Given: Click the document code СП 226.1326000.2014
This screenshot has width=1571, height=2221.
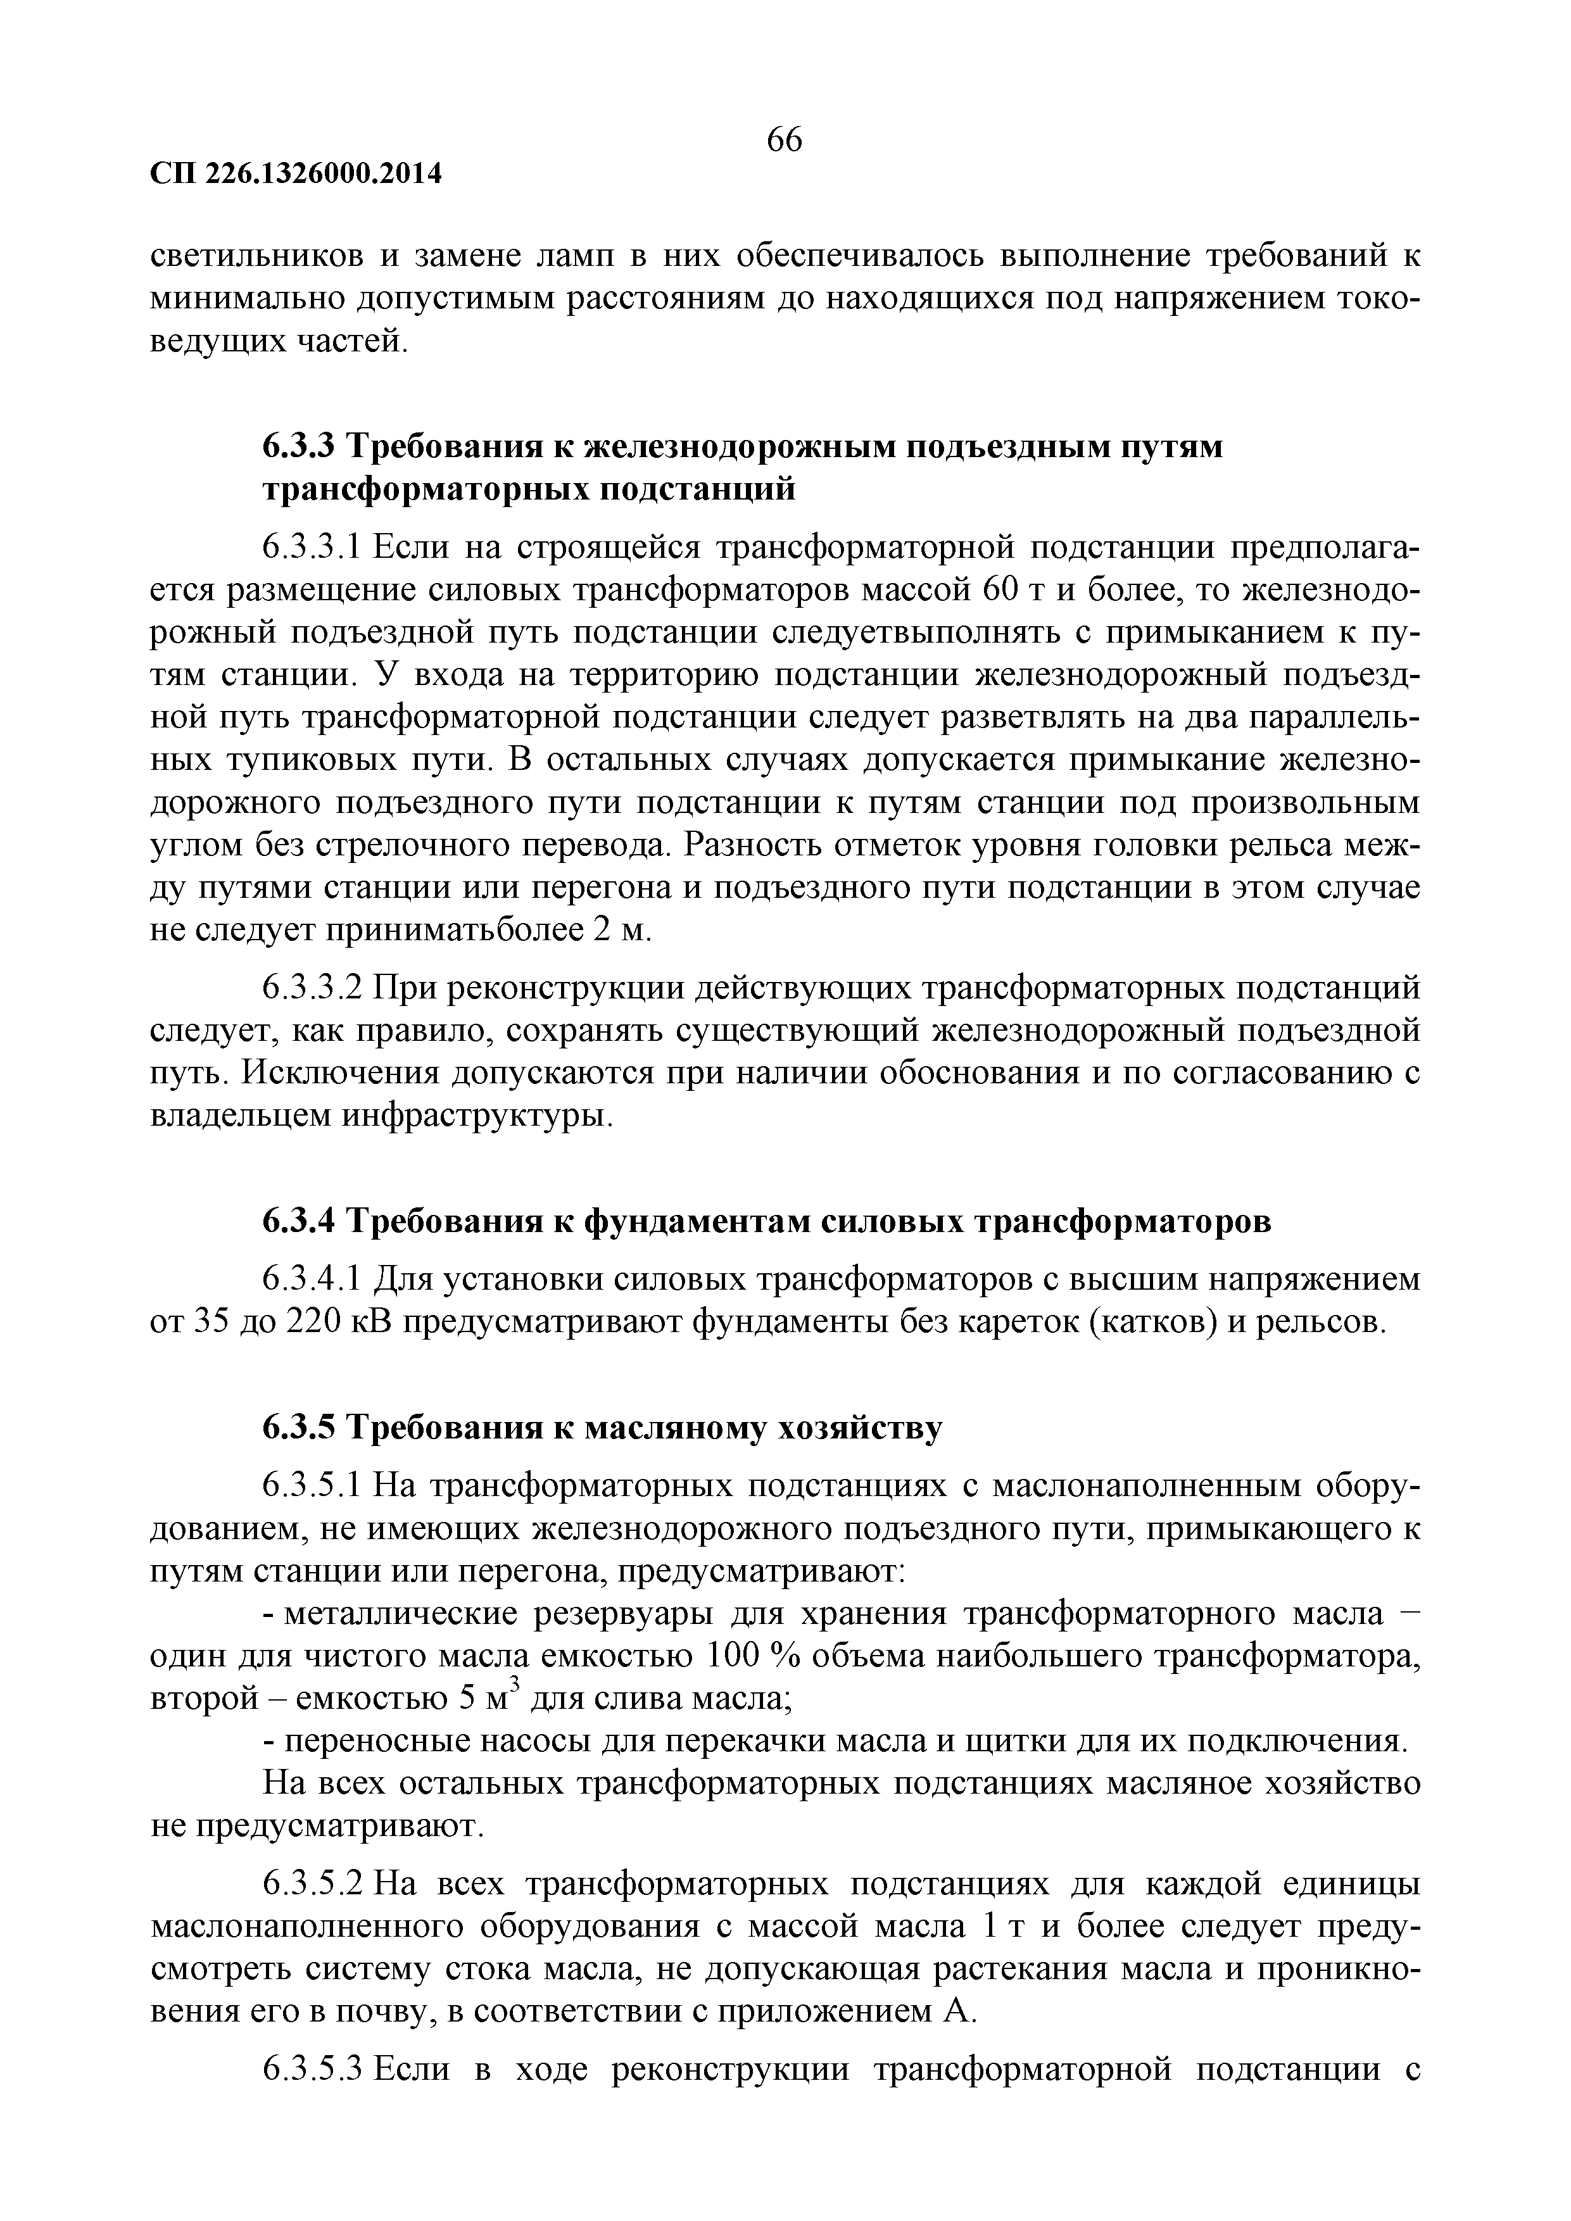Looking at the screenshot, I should [x=296, y=174].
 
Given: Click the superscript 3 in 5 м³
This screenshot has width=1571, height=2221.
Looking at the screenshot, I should [x=515, y=1687].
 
